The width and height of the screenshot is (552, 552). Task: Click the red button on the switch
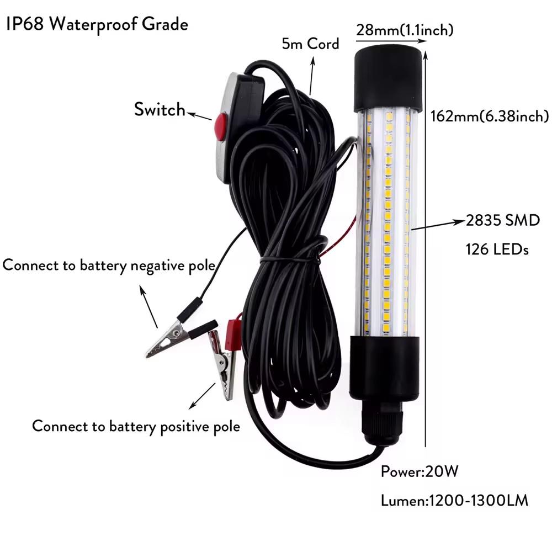click(221, 124)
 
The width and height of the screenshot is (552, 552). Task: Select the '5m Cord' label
click(310, 44)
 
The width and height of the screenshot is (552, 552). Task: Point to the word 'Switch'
click(160, 109)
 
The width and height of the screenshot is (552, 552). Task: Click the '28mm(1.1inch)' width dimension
click(405, 30)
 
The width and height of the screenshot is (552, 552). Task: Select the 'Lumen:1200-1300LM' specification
click(454, 501)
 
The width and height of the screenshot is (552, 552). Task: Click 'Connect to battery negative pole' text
click(109, 265)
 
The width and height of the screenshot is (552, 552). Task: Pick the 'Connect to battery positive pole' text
click(136, 427)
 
